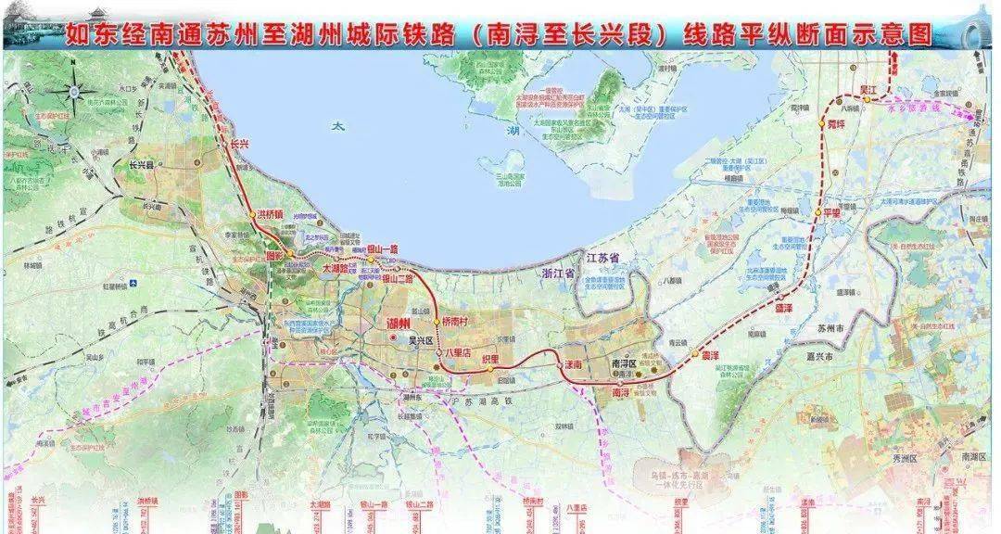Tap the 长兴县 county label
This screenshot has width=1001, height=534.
[146, 166]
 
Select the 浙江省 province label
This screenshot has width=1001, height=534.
[560, 274]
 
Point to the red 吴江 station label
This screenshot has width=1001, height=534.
[868, 87]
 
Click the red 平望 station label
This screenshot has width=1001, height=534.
[837, 212]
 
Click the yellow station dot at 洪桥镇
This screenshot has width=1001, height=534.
[252, 215]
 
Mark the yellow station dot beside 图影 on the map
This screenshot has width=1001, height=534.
[288, 253]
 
